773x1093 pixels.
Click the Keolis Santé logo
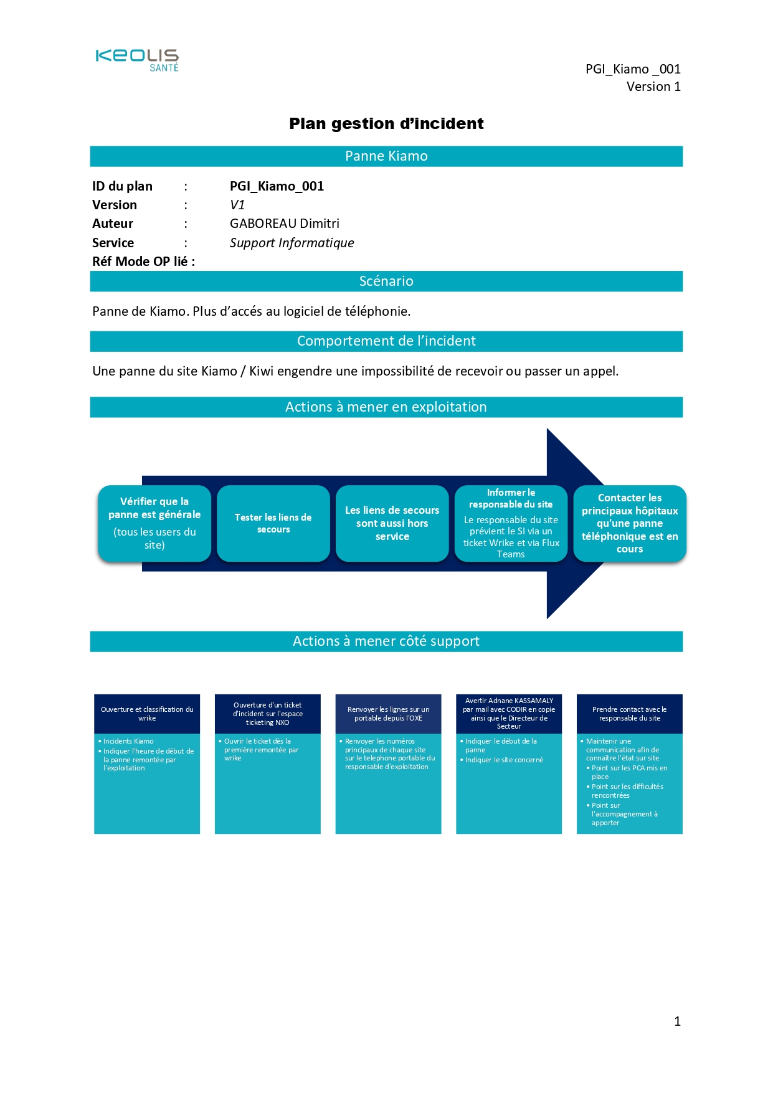click(x=137, y=60)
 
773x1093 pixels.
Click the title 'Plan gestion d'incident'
click(x=386, y=123)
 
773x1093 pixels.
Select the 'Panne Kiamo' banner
click(x=386, y=156)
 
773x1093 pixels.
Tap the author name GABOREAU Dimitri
click(x=284, y=224)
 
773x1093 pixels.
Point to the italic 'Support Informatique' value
click(x=292, y=243)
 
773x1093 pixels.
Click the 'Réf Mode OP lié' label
click(x=143, y=262)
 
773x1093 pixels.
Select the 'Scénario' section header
click(x=386, y=282)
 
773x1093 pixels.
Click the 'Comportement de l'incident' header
click(x=386, y=341)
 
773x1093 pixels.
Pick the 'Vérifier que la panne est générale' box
click(x=154, y=523)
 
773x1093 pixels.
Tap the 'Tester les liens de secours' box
click(x=273, y=523)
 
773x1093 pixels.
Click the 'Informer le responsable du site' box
click(x=511, y=523)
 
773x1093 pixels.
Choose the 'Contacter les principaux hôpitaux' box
click(x=630, y=523)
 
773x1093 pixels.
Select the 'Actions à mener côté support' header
click(x=386, y=641)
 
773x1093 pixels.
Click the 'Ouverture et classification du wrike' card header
click(x=147, y=714)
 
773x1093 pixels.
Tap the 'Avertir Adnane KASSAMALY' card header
click(x=509, y=714)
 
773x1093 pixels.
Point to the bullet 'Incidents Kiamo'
click(x=128, y=741)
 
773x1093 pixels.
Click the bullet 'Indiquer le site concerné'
click(x=504, y=760)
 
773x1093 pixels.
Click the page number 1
click(x=677, y=1021)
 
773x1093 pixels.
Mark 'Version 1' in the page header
click(x=653, y=87)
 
